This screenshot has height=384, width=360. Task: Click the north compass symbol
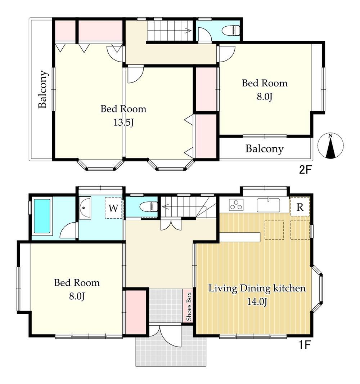pyautogui.click(x=330, y=146)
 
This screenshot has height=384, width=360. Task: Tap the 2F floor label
pyautogui.click(x=305, y=170)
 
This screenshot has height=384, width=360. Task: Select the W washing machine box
pyautogui.click(x=113, y=208)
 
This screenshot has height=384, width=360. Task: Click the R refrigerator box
pyautogui.click(x=300, y=207)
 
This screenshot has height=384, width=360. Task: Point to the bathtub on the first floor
pyautogui.click(x=42, y=216)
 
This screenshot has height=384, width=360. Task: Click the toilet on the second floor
pyautogui.click(x=230, y=31)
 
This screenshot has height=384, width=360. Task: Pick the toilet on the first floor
pyautogui.click(x=148, y=206)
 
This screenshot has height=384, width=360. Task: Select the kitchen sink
pyautogui.click(x=269, y=205)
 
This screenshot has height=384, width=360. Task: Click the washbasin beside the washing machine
pyautogui.click(x=85, y=208)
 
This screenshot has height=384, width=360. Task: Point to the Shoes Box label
pyautogui.click(x=189, y=307)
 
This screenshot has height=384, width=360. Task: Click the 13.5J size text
pyautogui.click(x=123, y=122)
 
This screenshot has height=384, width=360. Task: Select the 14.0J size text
pyautogui.click(x=257, y=302)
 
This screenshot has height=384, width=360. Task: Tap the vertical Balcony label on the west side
pyautogui.click(x=42, y=89)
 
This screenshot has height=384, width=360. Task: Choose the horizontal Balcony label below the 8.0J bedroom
pyautogui.click(x=265, y=149)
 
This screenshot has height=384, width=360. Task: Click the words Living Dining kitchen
pyautogui.click(x=257, y=288)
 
